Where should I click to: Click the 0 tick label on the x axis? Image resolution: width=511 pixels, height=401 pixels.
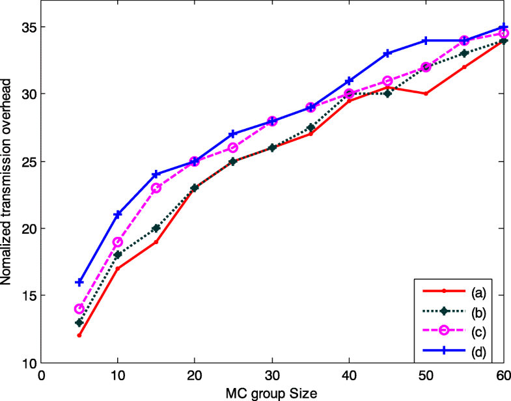coord(41,376)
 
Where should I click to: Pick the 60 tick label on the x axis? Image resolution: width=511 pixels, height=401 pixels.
coord(503,376)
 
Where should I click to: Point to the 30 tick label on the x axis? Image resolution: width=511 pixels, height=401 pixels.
coord(272,376)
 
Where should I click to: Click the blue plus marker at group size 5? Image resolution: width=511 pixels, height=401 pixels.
coord(79,283)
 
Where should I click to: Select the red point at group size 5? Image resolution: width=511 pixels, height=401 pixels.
coord(79,335)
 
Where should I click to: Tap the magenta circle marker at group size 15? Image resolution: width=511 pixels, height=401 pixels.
coord(156,188)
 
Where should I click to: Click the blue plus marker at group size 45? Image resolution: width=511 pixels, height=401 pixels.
coord(387,53)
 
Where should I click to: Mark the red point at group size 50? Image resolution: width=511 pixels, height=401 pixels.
coord(426,94)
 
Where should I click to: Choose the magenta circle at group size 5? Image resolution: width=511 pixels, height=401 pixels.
coord(79,309)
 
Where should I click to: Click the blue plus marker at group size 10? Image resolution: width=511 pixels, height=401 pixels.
coord(118,214)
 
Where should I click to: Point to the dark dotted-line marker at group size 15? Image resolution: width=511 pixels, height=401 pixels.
coord(156,228)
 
